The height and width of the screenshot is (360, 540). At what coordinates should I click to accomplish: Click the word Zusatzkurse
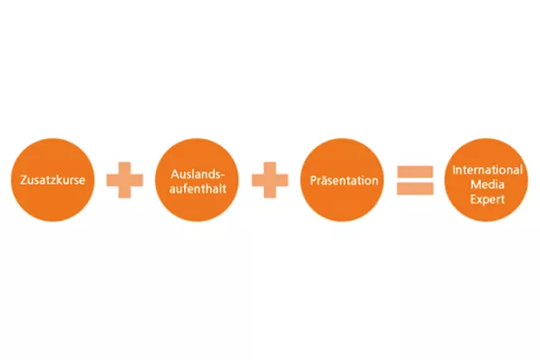(52, 180)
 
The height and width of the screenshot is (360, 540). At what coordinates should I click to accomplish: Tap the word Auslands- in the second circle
(197, 174)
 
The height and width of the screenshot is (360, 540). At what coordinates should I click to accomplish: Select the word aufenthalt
(197, 189)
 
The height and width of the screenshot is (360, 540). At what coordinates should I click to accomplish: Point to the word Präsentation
(344, 180)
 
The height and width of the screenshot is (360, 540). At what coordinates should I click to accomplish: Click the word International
(487, 169)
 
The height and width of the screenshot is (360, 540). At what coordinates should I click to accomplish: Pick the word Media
(487, 184)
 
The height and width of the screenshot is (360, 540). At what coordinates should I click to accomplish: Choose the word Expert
(487, 199)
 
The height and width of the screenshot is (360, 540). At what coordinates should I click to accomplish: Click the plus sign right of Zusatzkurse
(124, 180)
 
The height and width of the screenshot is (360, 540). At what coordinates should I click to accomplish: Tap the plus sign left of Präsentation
(270, 180)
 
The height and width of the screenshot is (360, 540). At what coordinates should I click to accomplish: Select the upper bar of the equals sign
(415, 172)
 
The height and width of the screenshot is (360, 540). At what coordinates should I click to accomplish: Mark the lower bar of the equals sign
(415, 188)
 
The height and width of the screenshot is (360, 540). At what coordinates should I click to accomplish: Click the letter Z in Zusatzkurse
(23, 180)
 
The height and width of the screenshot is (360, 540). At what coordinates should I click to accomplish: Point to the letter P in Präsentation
(313, 181)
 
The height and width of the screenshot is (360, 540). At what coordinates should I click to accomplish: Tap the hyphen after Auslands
(222, 176)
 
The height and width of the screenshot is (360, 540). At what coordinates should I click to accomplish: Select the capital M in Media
(475, 184)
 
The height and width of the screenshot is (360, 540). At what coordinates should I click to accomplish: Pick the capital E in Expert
(473, 199)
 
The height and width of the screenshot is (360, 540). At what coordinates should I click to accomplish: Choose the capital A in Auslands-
(175, 174)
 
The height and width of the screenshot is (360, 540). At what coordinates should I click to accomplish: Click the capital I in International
(454, 170)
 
